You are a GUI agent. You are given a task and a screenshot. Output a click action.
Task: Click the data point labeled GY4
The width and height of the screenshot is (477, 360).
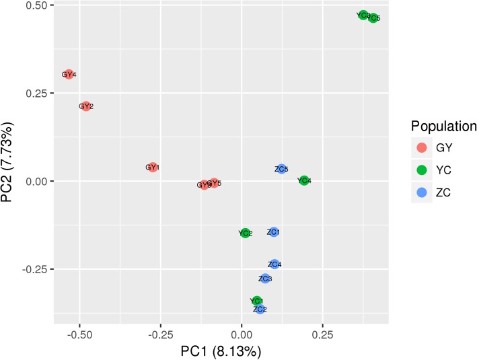[69, 75]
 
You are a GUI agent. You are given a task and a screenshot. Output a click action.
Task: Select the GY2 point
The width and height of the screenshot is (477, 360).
[85, 106]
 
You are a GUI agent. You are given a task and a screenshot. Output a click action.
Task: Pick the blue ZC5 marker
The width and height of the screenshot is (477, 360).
[282, 169]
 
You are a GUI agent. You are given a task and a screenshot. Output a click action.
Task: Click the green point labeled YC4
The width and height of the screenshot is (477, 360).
[304, 180]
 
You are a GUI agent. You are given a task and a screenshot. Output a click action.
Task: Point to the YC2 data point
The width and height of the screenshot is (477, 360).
[246, 233]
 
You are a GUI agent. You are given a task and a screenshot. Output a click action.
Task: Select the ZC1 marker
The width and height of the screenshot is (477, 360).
[273, 232]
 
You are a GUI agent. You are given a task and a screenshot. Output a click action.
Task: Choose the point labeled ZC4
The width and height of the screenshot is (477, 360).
[274, 264]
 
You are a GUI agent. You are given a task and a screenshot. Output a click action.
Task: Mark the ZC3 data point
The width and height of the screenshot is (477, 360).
[265, 279]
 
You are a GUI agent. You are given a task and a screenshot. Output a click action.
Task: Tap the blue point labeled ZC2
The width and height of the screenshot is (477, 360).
[260, 309]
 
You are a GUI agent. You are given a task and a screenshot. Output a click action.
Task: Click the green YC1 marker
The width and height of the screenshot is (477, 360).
[256, 301]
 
